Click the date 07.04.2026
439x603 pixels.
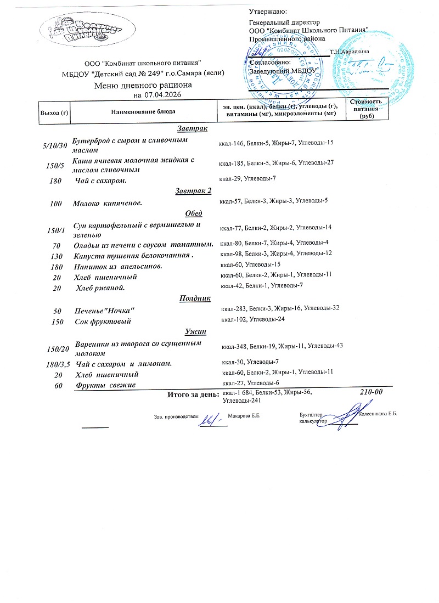point(163,95)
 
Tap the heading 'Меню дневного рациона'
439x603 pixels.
point(143,86)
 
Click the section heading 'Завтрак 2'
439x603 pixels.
point(193,191)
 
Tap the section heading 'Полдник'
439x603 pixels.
point(195,298)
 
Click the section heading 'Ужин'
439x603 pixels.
point(195,332)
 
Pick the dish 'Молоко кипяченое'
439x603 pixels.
point(108,204)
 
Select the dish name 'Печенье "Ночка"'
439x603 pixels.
point(105,311)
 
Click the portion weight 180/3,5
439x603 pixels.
point(58,364)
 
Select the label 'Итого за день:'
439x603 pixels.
point(192,395)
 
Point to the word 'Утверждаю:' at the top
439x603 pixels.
point(268,12)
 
